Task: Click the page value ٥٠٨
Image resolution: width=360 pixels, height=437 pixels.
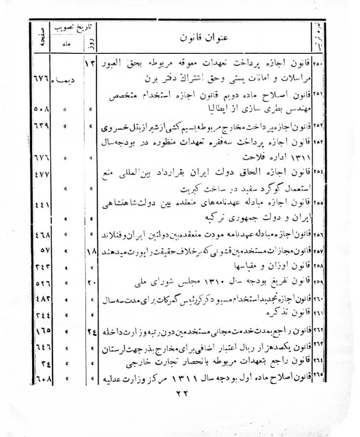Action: pyautogui.click(x=41, y=116)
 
